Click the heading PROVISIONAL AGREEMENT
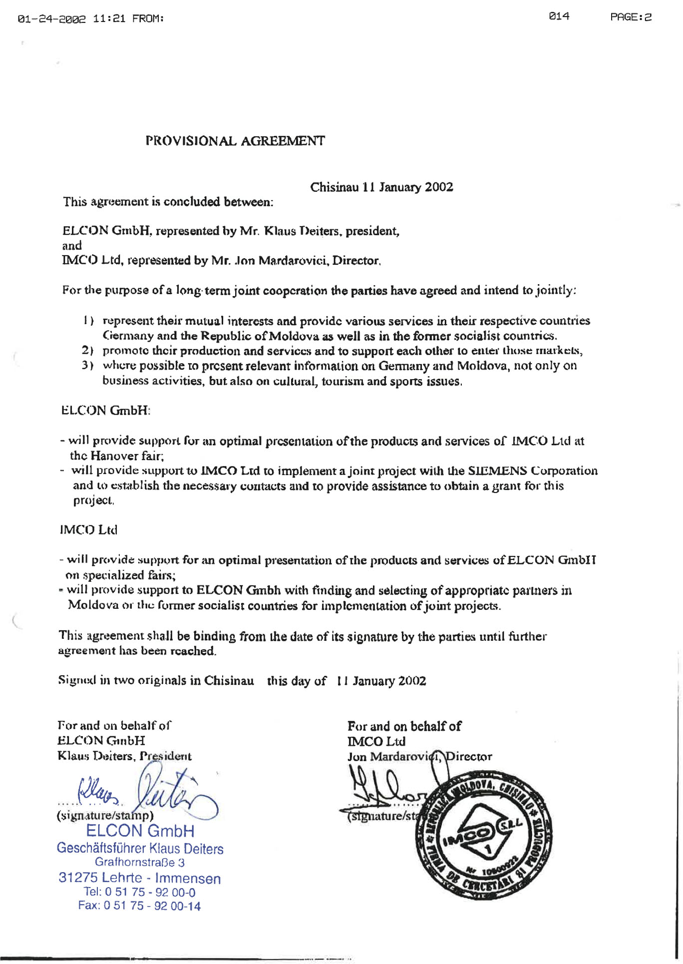pos(235,141)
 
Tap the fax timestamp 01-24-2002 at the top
pos(52,19)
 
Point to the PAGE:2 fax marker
pos(631,17)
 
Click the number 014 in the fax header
pos(559,16)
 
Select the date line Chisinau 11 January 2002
pos(381,187)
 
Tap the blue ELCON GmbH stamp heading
pos(140,831)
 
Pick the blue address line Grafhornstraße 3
pos(140,863)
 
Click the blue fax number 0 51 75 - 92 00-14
pos(139,906)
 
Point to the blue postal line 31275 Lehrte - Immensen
pos(140,878)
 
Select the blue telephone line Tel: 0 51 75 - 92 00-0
pos(140,892)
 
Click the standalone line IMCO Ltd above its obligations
pos(88,530)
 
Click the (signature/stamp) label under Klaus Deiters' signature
pos(105,816)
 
